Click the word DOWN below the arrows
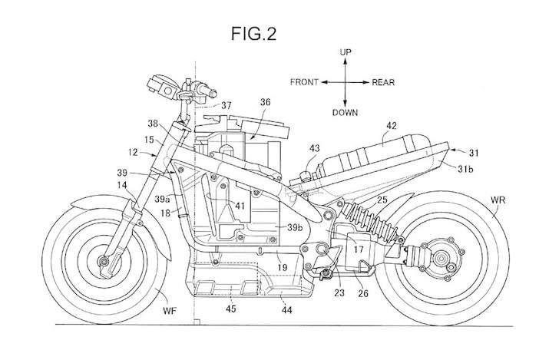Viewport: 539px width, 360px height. [x=345, y=112]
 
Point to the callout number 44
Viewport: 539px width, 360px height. [x=286, y=309]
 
